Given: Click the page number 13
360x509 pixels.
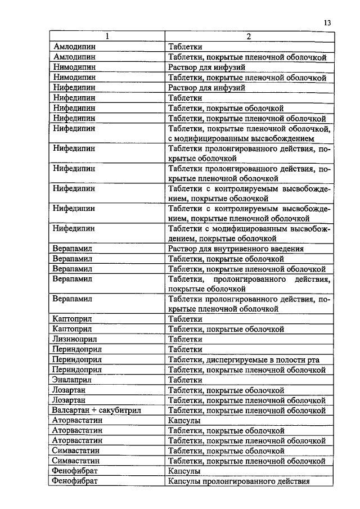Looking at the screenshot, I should (x=327, y=22).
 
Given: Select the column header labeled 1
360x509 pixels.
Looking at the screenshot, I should (x=107, y=37).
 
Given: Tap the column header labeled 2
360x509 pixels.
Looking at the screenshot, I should (x=249, y=37).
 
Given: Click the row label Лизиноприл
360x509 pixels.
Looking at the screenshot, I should (x=74, y=339).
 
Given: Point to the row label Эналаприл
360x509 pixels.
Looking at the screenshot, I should (x=72, y=380).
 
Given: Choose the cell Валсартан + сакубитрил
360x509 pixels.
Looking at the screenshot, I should (x=96, y=410).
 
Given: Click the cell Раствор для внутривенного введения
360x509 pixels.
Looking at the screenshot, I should (x=236, y=249).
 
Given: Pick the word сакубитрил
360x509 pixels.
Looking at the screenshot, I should (x=119, y=410).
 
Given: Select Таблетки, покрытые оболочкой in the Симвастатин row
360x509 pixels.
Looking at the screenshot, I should (x=226, y=451).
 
